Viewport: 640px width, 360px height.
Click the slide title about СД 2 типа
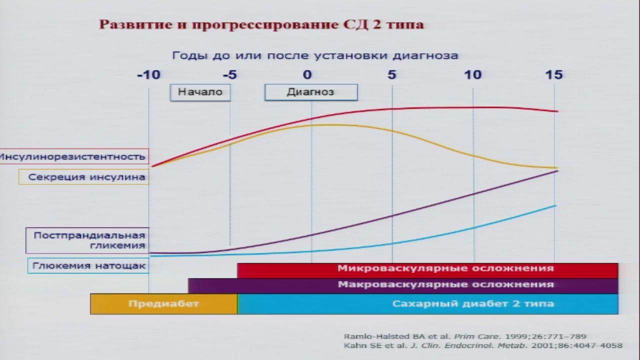pos(261,24)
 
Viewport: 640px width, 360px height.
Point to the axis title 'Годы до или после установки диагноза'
pos(315,55)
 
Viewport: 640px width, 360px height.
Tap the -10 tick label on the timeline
pos(149,75)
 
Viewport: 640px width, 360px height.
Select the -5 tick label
pos(229,75)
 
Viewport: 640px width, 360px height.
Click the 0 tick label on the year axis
pos(307,75)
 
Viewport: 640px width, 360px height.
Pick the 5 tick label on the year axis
pos(391,75)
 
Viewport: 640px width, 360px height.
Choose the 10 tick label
pos(473,75)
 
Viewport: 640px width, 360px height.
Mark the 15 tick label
pos(553,75)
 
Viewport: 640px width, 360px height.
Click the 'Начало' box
pos(200,92)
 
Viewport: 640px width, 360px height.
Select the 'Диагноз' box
pos(310,92)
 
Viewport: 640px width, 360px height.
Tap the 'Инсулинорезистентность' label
pos(73,156)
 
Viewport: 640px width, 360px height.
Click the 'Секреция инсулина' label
pos(84,177)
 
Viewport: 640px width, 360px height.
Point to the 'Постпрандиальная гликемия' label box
pos(87,240)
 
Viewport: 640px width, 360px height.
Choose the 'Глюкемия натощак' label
pos(87,266)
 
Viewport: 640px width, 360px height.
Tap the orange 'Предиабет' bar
pos(163,304)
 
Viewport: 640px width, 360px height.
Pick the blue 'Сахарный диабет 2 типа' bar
pos(428,304)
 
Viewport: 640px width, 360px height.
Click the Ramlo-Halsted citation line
pos(465,336)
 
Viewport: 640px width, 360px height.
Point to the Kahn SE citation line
pos(483,345)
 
